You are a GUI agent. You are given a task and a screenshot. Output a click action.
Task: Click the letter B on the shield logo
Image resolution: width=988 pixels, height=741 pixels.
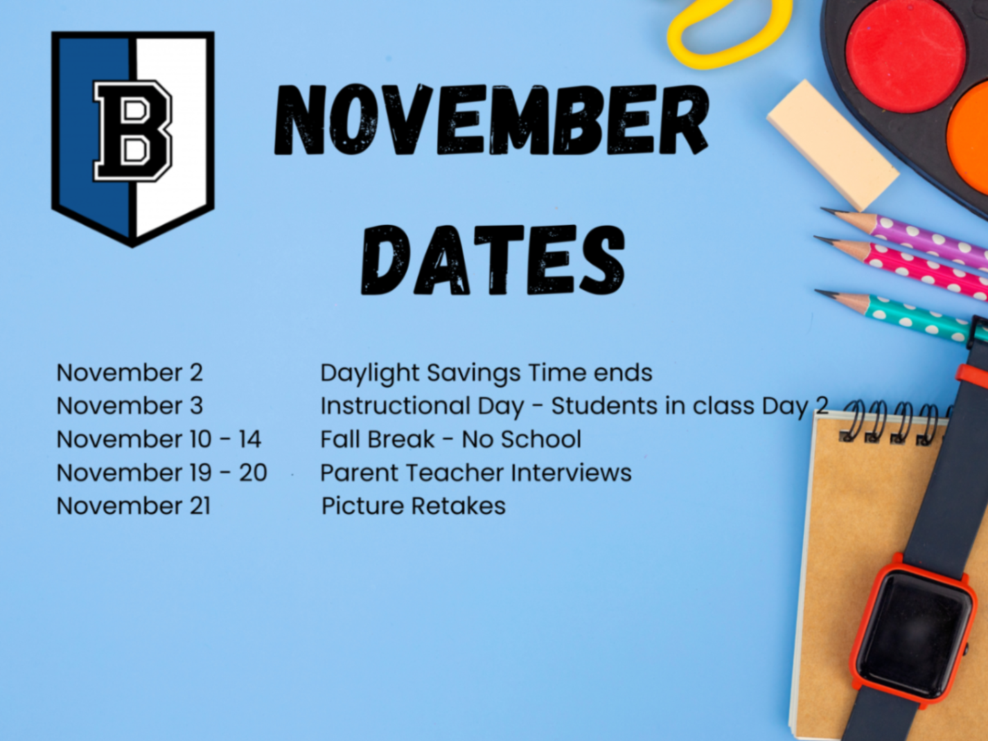132,131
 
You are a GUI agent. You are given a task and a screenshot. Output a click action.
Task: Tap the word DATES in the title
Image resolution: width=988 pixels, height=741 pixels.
493,260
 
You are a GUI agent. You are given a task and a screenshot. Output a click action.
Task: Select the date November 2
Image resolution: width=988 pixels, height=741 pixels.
130,373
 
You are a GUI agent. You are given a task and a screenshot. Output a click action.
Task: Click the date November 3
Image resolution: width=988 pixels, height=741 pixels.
130,406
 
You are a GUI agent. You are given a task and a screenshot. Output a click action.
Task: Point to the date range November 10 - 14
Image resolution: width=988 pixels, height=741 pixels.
159,439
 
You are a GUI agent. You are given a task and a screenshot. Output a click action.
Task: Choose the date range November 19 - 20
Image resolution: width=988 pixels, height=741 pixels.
161,472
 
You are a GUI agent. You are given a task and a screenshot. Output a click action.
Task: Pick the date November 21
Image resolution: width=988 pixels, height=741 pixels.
133,506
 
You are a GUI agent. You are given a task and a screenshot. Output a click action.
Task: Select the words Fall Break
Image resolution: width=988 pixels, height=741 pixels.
378,439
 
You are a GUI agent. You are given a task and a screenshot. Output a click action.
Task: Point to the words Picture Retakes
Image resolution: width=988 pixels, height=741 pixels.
414,506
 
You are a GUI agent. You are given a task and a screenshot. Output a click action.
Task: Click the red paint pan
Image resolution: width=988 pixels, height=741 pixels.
905,54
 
